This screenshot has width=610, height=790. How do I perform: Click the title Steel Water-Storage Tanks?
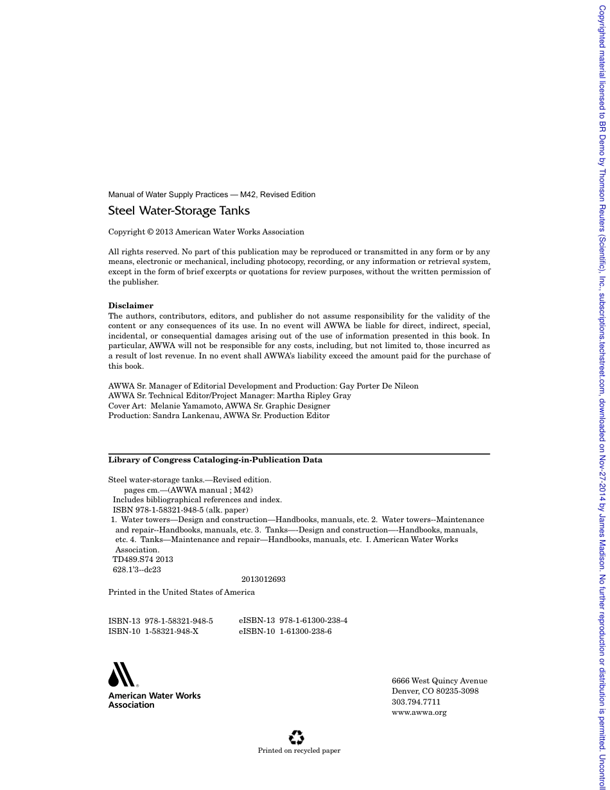pos(179,211)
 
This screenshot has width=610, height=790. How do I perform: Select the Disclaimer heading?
pos(130,306)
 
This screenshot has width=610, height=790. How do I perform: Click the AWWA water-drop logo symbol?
pos(121,674)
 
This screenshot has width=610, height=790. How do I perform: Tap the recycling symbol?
pos(297,737)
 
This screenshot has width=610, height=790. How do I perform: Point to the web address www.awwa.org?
pos(419,712)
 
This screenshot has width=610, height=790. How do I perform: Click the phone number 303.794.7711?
pos(416,702)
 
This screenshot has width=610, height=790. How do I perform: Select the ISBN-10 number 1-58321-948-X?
pos(171,631)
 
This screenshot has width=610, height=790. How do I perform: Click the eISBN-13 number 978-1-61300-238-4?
pos(313,620)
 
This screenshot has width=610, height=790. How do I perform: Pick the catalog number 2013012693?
pos(263,579)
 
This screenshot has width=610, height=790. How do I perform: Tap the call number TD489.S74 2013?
pos(143,559)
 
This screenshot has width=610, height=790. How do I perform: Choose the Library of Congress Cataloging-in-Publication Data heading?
pos(215,460)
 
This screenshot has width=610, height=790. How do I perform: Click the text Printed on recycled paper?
pos(299,750)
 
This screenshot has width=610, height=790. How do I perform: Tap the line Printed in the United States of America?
pos(181,592)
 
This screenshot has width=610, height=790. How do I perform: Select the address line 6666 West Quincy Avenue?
pos(439,681)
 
